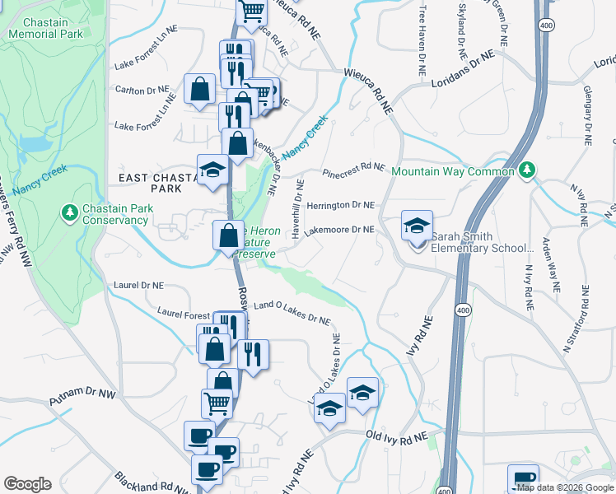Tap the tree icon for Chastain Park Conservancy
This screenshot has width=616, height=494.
71,212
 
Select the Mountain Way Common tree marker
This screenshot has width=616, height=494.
527,170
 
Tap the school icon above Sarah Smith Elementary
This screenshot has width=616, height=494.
417,225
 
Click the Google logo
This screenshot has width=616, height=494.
27,484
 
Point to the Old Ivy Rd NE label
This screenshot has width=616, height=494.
398,436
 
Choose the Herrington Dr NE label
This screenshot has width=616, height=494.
340,205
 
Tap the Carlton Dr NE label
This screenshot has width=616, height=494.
142,89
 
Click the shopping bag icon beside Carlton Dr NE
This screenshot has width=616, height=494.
200,89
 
